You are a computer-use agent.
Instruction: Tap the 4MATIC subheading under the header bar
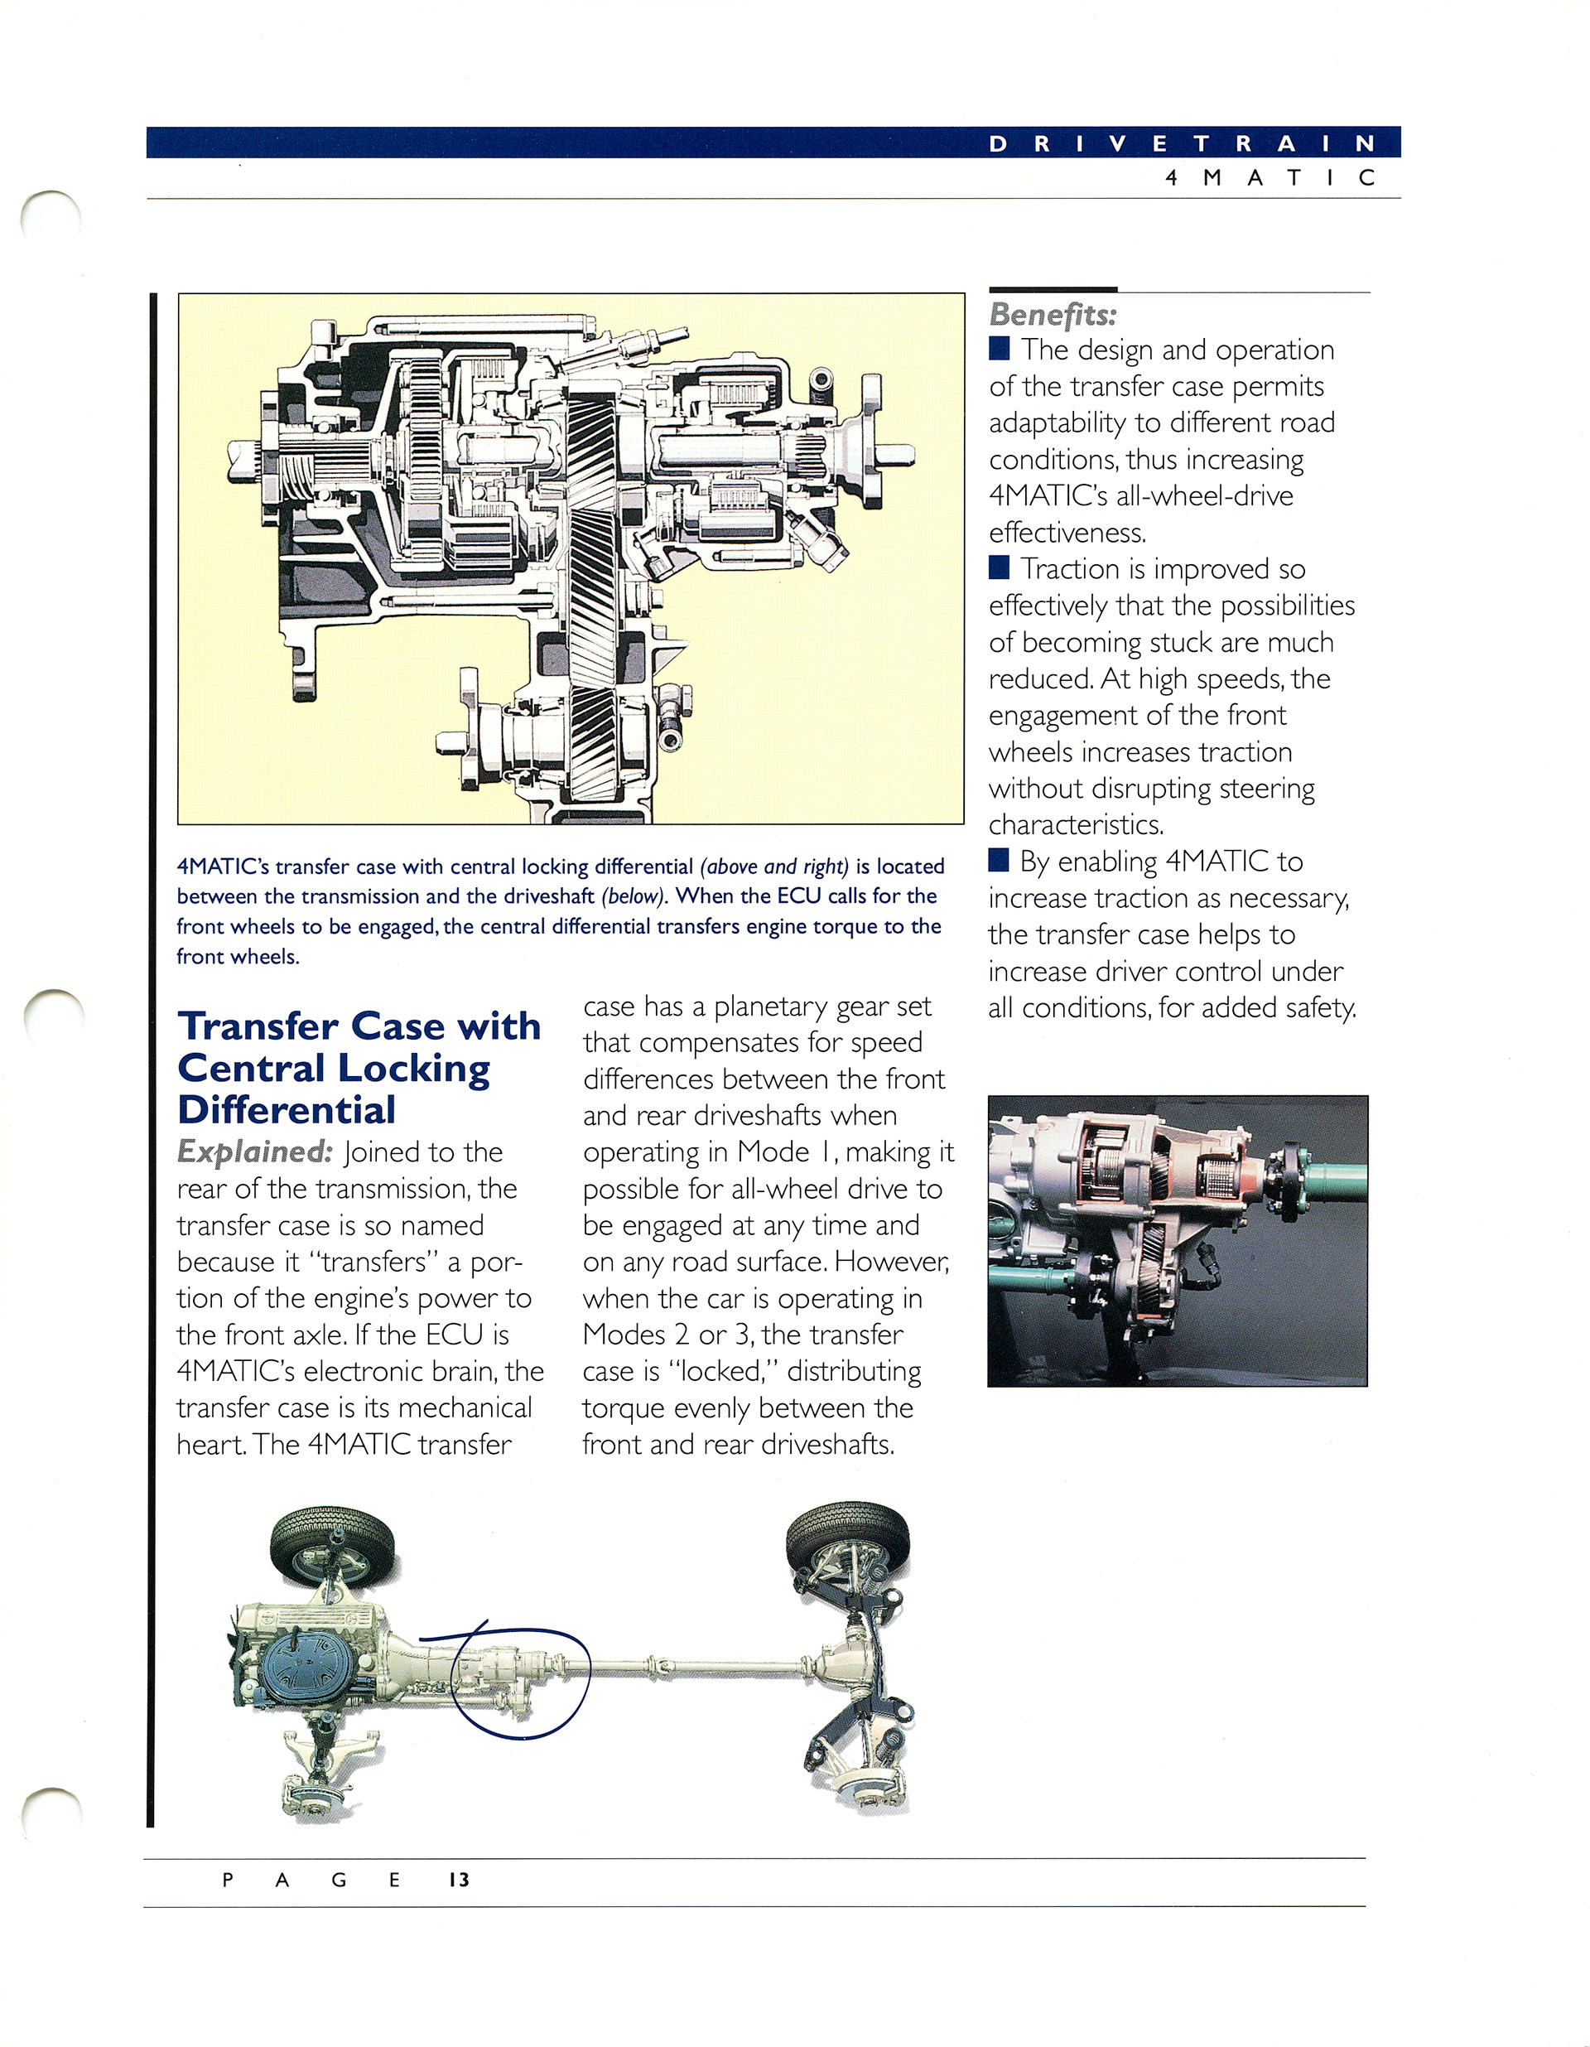point(1270,178)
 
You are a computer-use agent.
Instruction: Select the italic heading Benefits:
point(1053,315)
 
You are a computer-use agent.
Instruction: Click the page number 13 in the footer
point(458,1879)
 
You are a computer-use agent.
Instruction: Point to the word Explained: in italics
point(254,1152)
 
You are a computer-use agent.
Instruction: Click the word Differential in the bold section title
point(286,1110)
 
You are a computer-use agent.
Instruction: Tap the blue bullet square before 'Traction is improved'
point(999,568)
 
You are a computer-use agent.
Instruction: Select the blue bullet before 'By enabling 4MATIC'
point(999,860)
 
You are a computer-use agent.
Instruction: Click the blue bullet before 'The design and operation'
point(999,349)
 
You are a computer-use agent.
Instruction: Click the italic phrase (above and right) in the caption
point(774,867)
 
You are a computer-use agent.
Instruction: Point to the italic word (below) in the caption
point(633,897)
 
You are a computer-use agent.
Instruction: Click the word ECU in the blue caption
point(799,896)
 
